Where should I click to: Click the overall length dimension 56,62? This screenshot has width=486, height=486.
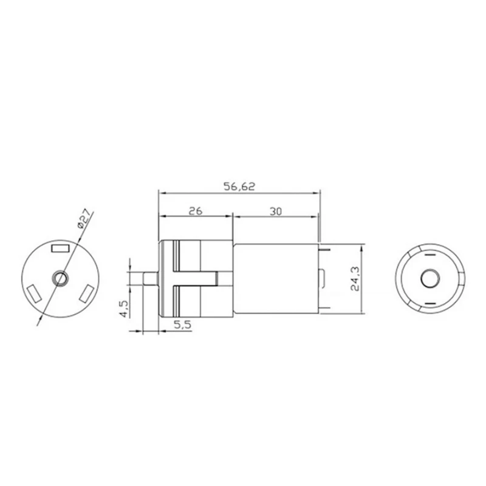[239, 187]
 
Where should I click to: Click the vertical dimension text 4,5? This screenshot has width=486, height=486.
[124, 308]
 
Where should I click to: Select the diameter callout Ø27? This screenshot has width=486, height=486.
[83, 218]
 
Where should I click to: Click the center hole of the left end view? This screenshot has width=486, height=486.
[60, 278]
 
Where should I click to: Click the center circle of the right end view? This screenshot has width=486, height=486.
[430, 278]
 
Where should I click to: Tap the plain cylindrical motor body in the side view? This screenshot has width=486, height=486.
[273, 278]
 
